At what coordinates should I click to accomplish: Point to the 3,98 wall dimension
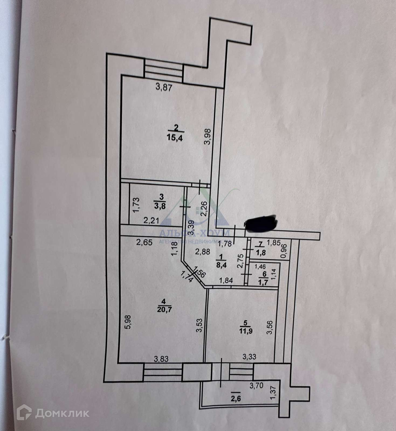point(207,137)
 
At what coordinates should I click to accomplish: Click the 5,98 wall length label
point(128,322)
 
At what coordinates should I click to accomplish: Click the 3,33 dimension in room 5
point(249,357)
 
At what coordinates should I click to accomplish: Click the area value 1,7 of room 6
point(264,282)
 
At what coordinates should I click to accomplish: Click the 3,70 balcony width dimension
point(256,386)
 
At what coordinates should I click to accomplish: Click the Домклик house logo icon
point(24,412)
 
